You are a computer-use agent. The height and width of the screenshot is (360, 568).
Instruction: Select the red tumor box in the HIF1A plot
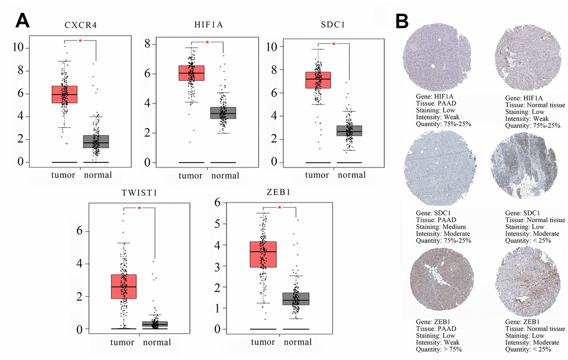[191, 73]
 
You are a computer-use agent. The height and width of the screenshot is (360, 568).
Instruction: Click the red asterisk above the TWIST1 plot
[139, 208]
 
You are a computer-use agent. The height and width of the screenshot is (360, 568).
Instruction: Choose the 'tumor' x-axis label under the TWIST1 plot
[122, 342]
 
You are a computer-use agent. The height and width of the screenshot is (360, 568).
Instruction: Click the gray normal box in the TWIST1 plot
[155, 324]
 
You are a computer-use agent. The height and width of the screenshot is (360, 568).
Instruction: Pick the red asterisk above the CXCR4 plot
[80, 42]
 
